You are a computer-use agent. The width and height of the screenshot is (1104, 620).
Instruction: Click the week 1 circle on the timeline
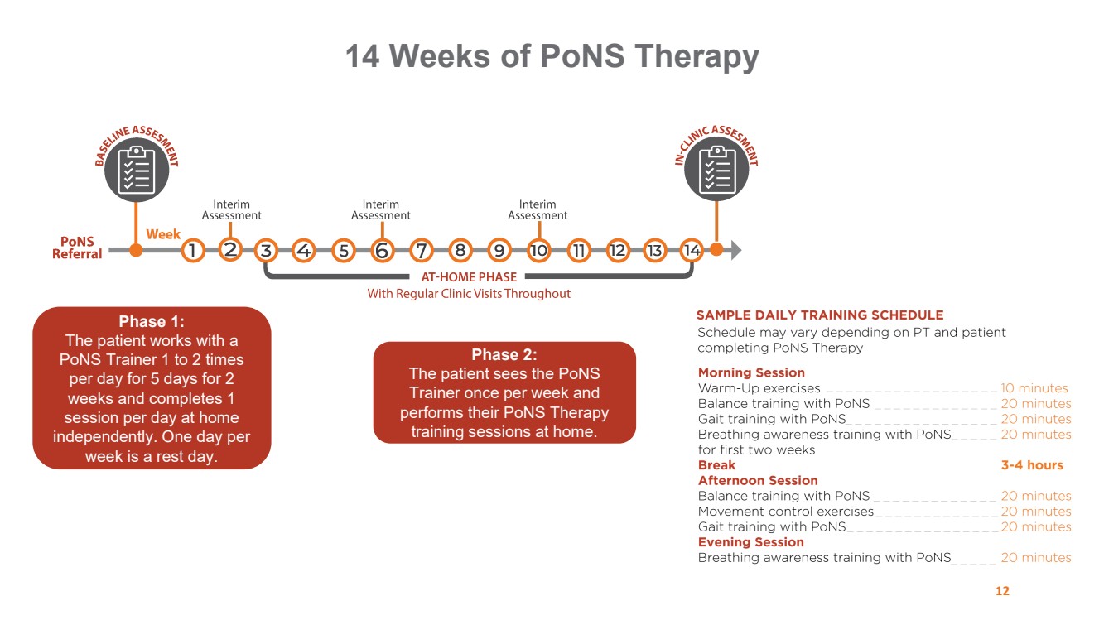click(192, 249)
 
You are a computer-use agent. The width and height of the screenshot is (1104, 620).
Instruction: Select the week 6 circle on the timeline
click(382, 249)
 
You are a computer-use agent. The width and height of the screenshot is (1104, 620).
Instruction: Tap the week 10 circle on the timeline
click(539, 249)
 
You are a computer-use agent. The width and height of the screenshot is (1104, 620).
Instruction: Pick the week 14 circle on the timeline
click(692, 249)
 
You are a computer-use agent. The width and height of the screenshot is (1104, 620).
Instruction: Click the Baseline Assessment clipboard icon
click(136, 171)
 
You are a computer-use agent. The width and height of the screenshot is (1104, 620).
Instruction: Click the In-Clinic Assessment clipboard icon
click(717, 171)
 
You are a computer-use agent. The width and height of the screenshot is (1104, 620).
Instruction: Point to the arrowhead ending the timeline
click(735, 249)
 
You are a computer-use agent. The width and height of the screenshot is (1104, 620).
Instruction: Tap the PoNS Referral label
click(77, 248)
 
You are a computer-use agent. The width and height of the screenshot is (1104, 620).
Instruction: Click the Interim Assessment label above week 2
click(231, 210)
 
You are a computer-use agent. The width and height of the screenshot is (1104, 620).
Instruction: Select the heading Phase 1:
click(152, 322)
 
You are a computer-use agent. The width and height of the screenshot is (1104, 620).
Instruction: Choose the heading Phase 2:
click(504, 355)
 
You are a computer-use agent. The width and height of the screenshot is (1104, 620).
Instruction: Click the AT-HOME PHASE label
click(469, 277)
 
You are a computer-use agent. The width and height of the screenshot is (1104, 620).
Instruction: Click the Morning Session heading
click(751, 372)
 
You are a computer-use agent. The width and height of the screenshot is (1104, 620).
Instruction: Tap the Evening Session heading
click(750, 542)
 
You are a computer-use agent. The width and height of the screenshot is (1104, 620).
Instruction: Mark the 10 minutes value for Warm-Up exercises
click(1034, 388)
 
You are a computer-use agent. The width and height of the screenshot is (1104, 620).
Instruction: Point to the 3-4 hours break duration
click(1032, 465)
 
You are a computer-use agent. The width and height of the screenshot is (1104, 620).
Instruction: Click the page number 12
click(1002, 591)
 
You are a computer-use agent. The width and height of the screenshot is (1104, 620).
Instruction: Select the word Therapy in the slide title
click(696, 56)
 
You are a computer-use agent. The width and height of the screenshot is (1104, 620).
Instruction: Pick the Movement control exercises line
click(785, 512)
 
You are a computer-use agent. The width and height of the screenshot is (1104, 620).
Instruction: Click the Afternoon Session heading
click(758, 481)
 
